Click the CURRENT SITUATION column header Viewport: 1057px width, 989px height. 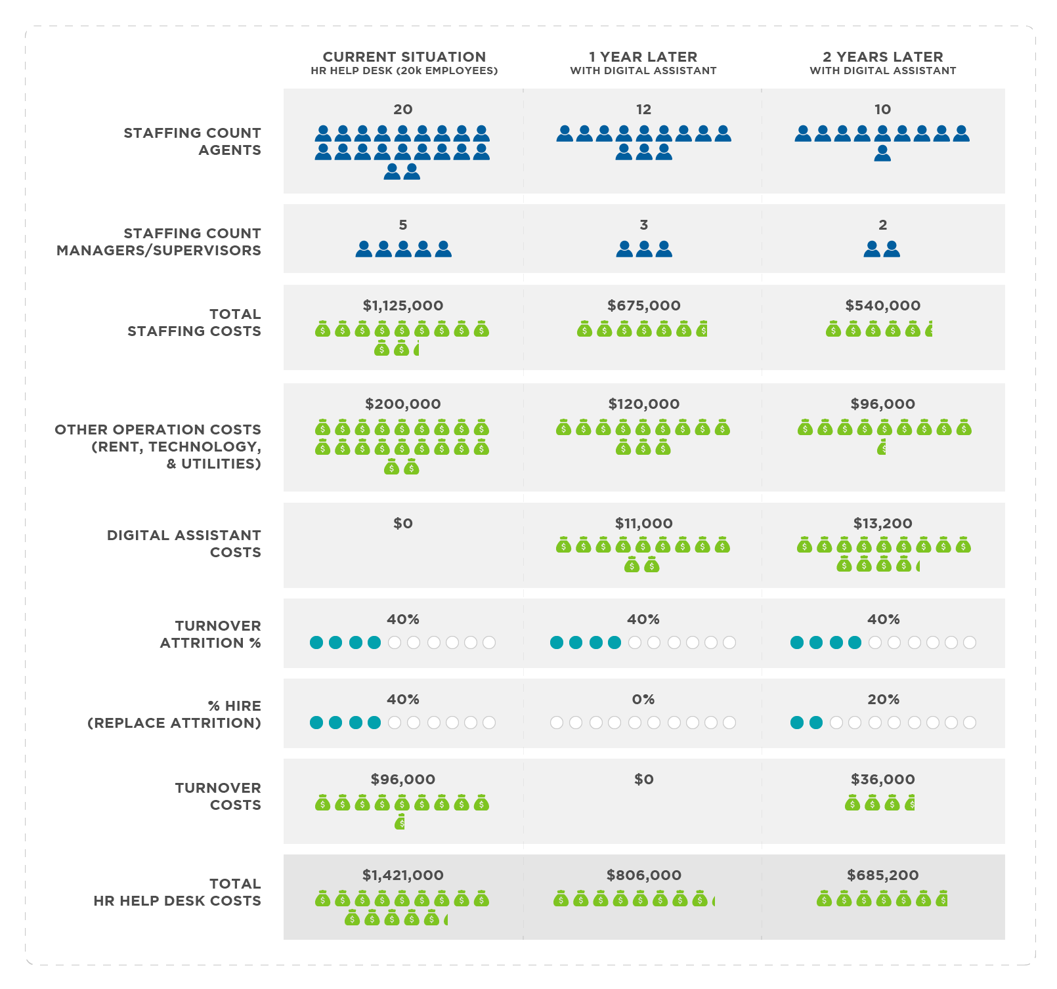tap(404, 58)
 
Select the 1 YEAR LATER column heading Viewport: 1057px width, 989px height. tap(643, 58)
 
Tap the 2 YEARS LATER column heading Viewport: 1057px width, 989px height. tap(883, 58)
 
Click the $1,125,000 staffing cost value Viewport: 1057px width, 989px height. tap(403, 306)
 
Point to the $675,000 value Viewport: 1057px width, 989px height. tap(643, 306)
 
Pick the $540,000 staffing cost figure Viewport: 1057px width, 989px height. tap(883, 306)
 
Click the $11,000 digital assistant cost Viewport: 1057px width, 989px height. tap(643, 524)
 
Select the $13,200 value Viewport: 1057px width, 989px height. tap(883, 524)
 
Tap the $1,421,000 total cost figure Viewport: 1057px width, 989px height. tap(403, 875)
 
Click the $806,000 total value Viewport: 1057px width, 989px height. tap(643, 875)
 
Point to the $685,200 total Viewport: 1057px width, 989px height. tap(883, 875)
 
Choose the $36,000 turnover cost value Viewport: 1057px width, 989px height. tap(883, 780)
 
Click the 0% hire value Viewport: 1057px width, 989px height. tap(643, 700)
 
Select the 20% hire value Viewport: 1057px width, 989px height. tap(883, 700)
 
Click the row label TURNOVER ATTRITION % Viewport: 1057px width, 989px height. tap(211, 635)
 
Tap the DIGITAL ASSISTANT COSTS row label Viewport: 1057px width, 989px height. tap(184, 544)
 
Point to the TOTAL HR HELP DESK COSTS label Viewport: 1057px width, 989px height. tap(177, 893)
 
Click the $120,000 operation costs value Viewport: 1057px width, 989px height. tap(643, 404)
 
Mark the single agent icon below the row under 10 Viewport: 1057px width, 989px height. tap(882, 154)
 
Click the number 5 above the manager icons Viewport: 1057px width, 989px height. tap(403, 225)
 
